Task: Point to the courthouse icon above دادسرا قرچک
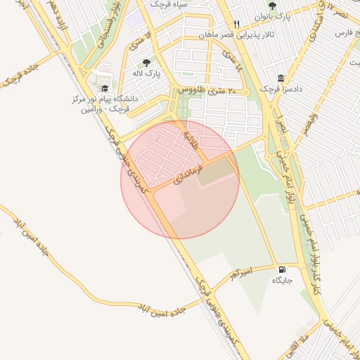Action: click(281, 79)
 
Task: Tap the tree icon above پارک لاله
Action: click(146, 63)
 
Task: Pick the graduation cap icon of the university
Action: click(105, 89)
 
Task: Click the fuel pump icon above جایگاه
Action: click(282, 269)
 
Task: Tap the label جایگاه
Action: click(282, 280)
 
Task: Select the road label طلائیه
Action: click(191, 131)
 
